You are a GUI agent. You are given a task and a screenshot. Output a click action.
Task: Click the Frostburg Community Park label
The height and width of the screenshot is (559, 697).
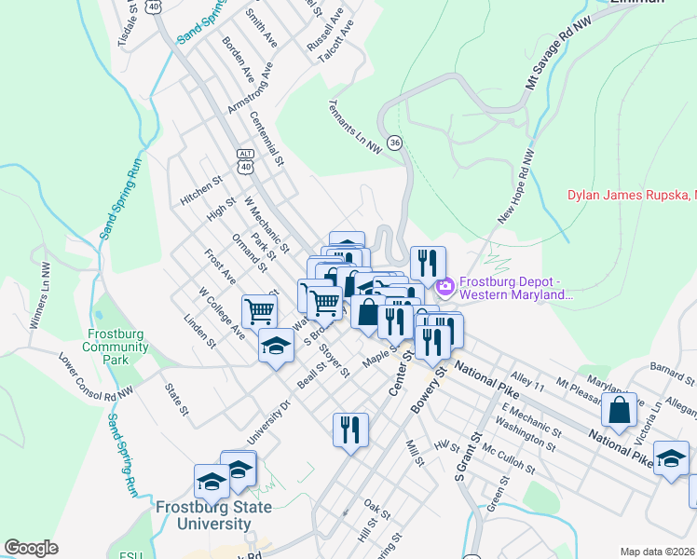point(116,347)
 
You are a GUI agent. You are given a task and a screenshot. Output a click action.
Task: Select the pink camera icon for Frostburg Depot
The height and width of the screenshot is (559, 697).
point(444,283)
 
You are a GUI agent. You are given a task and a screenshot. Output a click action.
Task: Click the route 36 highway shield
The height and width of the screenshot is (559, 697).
point(396,142)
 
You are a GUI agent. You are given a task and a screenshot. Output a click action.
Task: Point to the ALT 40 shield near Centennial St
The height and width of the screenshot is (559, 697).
point(245,160)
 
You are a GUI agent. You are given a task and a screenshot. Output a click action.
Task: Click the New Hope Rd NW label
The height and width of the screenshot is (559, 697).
point(518,186)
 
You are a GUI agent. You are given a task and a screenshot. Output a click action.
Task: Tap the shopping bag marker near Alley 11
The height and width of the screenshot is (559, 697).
point(619,409)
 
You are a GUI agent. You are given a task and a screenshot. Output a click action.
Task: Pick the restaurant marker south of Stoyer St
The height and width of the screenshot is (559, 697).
point(350,429)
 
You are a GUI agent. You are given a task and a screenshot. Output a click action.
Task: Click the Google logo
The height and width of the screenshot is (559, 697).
point(31,548)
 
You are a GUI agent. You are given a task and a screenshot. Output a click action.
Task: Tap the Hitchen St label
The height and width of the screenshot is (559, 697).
point(202,190)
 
